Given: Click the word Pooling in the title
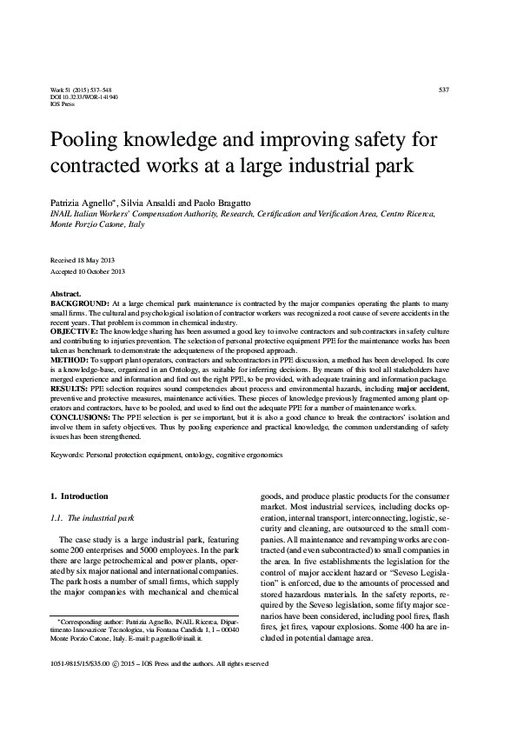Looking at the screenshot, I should [89, 141].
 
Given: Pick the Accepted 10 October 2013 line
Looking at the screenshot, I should [89, 270].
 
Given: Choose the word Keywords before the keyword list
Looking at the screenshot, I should [69, 454].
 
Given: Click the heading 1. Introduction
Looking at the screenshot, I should [80, 496].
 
